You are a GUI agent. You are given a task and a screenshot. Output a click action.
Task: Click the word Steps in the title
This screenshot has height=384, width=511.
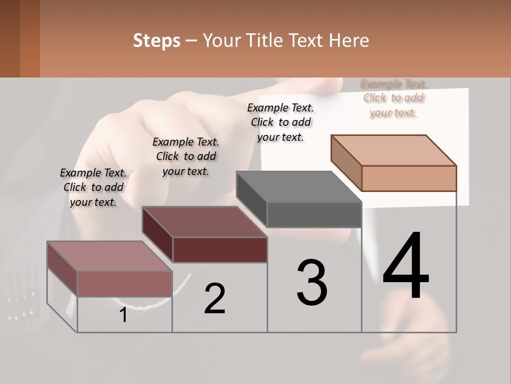click(x=156, y=41)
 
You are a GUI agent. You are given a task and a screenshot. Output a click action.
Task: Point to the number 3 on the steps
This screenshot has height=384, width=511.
click(x=312, y=283)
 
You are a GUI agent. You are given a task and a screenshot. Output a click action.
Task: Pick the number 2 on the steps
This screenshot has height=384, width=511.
click(x=215, y=299)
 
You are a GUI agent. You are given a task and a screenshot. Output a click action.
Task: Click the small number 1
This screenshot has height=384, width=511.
click(x=123, y=315)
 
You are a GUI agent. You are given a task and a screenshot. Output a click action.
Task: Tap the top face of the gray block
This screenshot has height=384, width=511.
click(x=298, y=187)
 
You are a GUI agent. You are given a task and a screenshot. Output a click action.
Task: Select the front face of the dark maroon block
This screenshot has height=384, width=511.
click(x=220, y=250)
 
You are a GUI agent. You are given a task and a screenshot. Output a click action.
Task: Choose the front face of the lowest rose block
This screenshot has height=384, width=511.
click(x=125, y=284)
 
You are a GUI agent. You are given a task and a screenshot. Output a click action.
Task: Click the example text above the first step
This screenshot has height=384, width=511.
click(x=93, y=187)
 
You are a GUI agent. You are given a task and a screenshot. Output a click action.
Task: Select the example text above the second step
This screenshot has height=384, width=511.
click(x=186, y=156)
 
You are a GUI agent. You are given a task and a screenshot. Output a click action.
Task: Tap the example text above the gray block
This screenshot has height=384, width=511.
click(x=281, y=122)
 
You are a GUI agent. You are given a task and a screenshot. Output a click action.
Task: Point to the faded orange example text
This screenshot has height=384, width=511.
click(x=393, y=98)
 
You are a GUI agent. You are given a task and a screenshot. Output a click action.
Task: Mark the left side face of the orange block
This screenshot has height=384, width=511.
click(x=346, y=162)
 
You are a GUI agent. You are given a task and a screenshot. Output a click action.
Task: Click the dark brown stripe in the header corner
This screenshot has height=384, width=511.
click(x=10, y=38)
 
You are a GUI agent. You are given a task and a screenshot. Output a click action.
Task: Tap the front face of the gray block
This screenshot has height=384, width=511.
click(x=314, y=215)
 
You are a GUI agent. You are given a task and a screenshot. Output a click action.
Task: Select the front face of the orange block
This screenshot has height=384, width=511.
click(x=409, y=178)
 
